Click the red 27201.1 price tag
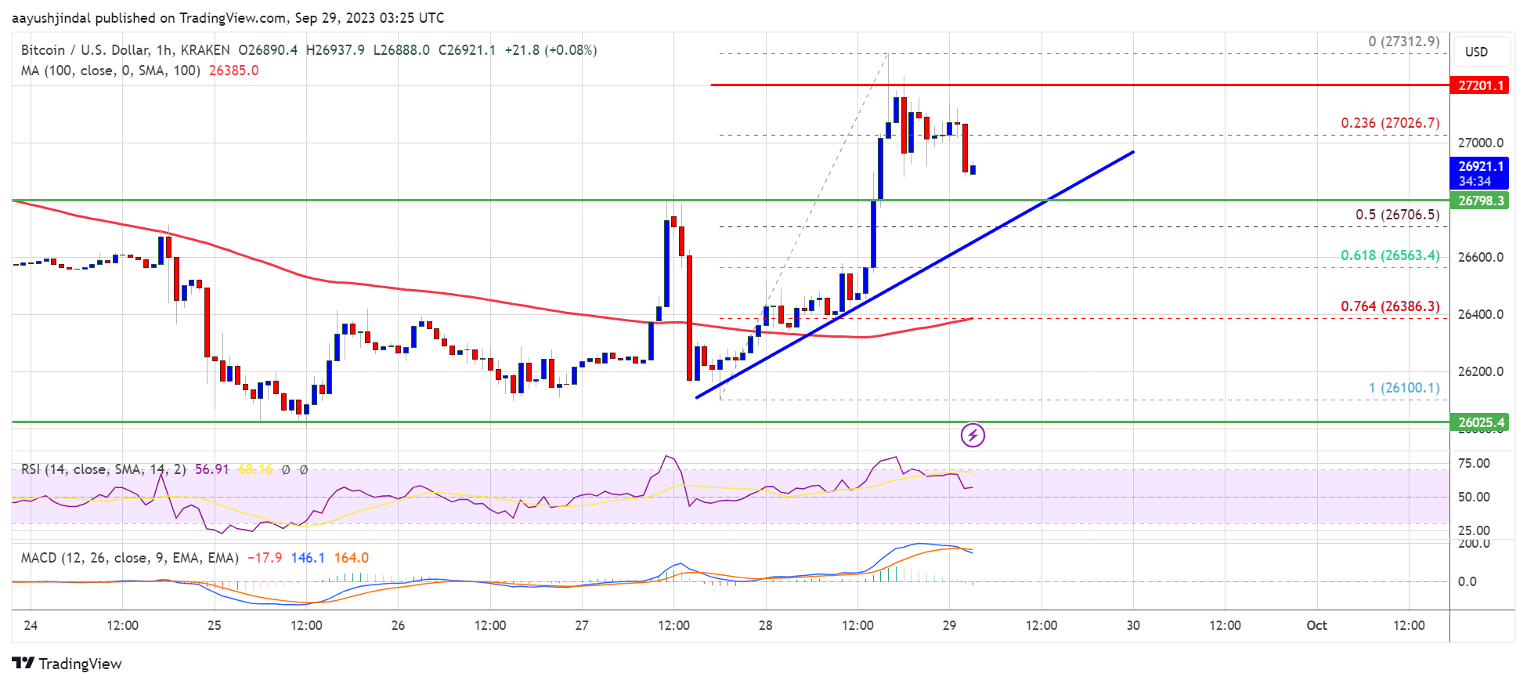(1479, 85)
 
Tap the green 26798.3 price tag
(1479, 201)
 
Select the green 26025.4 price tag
(1479, 422)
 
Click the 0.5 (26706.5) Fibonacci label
(1397, 215)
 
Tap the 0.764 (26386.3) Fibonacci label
(1389, 306)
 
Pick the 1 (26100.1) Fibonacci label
(1403, 388)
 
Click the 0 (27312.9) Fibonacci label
(1403, 42)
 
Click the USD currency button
(1476, 52)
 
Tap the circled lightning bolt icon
(973, 435)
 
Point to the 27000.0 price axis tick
(1480, 143)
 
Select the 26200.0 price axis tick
(1480, 371)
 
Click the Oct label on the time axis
(1316, 625)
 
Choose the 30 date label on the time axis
(1132, 625)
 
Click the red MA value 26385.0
(233, 71)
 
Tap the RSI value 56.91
(211, 469)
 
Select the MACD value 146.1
(308, 558)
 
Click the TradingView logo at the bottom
(67, 664)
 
